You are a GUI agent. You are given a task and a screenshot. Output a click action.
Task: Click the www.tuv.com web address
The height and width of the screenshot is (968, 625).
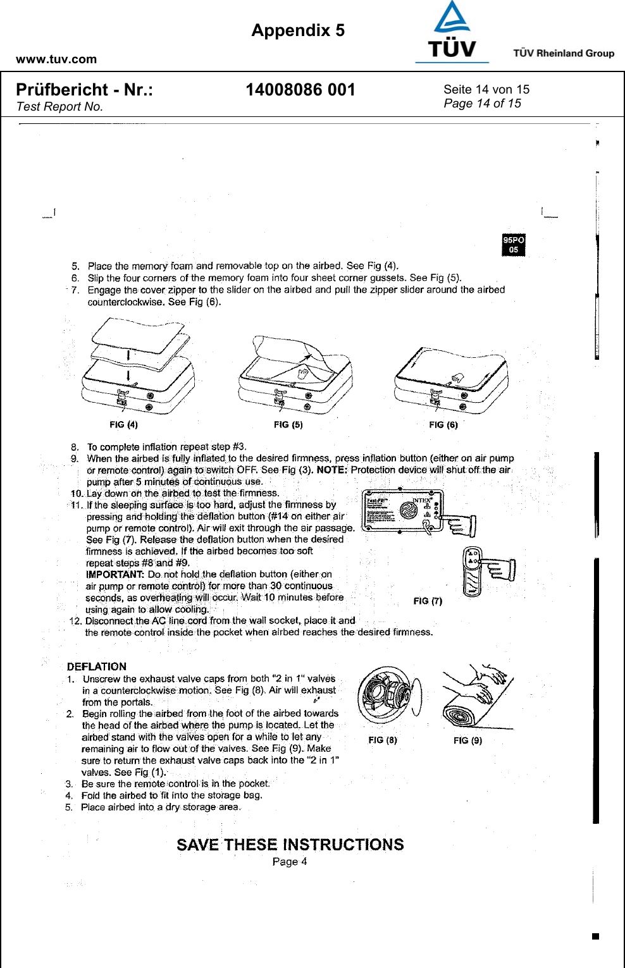point(56,59)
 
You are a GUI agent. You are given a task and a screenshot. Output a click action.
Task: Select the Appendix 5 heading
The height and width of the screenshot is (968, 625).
point(298,30)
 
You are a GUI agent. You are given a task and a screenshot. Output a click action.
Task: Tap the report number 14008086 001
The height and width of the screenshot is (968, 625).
point(300,90)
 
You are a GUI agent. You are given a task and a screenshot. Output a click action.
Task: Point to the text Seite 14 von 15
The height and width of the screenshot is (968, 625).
point(486,89)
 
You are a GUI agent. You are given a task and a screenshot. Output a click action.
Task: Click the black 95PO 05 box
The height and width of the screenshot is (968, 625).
point(514,245)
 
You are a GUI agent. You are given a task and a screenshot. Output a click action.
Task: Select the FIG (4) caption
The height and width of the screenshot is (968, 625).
point(123,424)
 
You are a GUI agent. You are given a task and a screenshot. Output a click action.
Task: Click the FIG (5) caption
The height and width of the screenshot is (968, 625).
point(288,424)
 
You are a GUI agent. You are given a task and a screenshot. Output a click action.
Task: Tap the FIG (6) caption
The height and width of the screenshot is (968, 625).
point(443,424)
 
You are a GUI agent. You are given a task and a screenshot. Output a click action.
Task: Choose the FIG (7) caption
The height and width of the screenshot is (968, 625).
point(428,601)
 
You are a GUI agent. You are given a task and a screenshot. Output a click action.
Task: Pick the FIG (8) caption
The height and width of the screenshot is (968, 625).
point(383,740)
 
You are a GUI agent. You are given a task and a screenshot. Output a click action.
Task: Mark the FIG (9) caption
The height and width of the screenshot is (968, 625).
point(467,740)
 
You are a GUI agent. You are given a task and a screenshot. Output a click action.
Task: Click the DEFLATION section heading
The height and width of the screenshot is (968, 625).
point(97,666)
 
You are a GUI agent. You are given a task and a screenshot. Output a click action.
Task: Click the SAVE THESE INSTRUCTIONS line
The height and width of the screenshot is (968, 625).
point(290,845)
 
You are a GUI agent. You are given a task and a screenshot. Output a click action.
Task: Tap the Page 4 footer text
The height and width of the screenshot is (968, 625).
point(290,861)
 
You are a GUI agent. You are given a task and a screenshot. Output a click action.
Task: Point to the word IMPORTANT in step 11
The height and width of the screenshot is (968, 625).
point(114,574)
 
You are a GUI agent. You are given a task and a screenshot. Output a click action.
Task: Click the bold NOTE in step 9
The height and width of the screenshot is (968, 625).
point(331,470)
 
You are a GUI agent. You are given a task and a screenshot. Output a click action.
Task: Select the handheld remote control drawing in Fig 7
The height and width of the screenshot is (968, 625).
point(473,572)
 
